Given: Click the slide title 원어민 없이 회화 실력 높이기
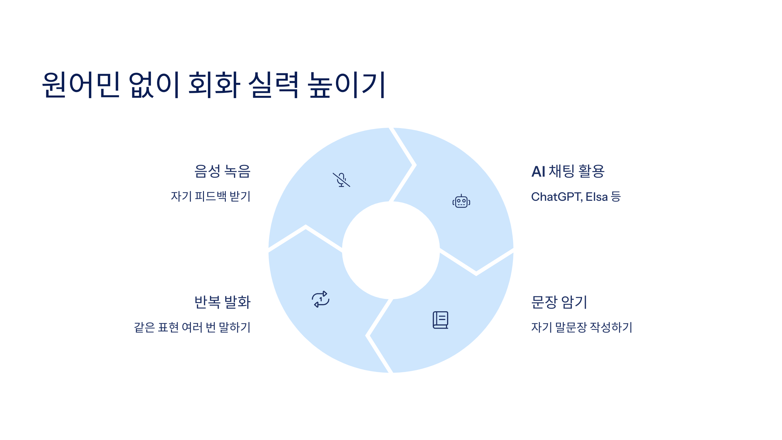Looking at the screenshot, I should [214, 85].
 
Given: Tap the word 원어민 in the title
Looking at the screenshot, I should [81, 85].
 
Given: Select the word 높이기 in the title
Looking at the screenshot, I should [347, 85].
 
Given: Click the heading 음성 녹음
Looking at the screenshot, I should [222, 171].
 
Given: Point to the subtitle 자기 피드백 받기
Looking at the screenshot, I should [210, 197].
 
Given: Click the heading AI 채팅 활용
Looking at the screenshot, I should [568, 171].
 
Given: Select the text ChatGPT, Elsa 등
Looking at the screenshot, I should [576, 197].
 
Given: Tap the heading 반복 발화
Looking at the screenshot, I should [222, 302].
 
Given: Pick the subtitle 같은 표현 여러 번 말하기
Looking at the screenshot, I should [192, 327].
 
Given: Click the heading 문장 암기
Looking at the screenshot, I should [559, 302].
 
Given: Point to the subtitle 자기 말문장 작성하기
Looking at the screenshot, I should [582, 327].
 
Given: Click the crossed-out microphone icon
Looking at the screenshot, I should [341, 180].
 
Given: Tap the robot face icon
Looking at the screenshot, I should [461, 201].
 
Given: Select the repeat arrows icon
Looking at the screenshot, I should [321, 299].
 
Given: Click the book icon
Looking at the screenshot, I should [441, 320].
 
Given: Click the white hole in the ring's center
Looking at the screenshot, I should [391, 250].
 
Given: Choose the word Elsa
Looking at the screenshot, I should [597, 197].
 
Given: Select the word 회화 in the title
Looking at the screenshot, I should [214, 85].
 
